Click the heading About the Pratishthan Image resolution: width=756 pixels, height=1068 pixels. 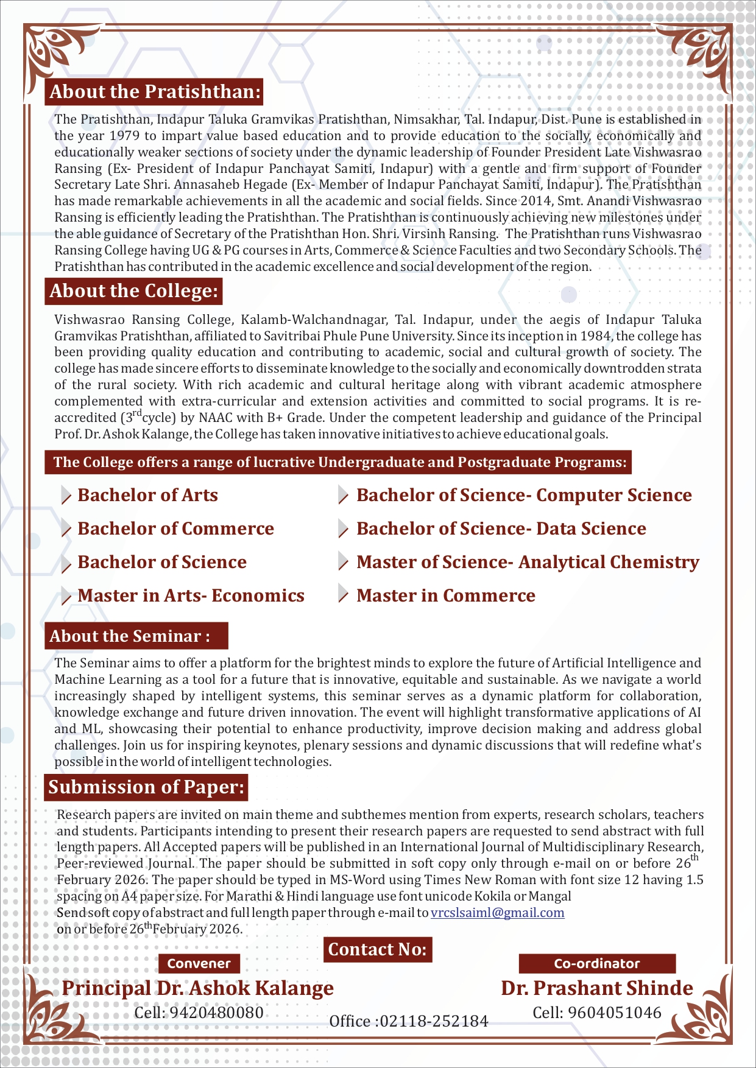[x=155, y=92]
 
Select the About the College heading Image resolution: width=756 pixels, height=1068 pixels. [x=133, y=291]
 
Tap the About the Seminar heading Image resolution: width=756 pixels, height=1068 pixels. [x=130, y=636]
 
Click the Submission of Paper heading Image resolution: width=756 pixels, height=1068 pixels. [x=146, y=787]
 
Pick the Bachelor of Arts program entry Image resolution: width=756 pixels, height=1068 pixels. [x=147, y=495]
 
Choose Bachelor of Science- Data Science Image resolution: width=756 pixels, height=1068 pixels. [x=501, y=529]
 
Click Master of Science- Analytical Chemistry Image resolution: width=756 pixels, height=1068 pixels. [x=528, y=562]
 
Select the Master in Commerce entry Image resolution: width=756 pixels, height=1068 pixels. [x=445, y=595]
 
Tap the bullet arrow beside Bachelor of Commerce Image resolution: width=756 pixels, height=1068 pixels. [x=66, y=530]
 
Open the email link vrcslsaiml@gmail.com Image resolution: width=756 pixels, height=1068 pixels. [x=497, y=913]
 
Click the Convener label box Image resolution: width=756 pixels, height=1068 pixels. [x=199, y=963]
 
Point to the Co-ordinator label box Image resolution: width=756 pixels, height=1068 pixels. [x=597, y=963]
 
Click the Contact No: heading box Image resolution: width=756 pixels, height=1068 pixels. [x=377, y=949]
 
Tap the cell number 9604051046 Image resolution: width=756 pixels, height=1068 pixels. [x=614, y=1013]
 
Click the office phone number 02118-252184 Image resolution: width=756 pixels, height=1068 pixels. [x=433, y=1021]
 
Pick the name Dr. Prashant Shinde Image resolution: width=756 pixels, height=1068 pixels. [x=597, y=988]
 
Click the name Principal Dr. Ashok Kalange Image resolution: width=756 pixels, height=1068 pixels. [x=197, y=988]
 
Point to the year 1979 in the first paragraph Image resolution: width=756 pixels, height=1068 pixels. [x=124, y=136]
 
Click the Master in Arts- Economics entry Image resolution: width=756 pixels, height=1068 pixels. [x=191, y=595]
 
